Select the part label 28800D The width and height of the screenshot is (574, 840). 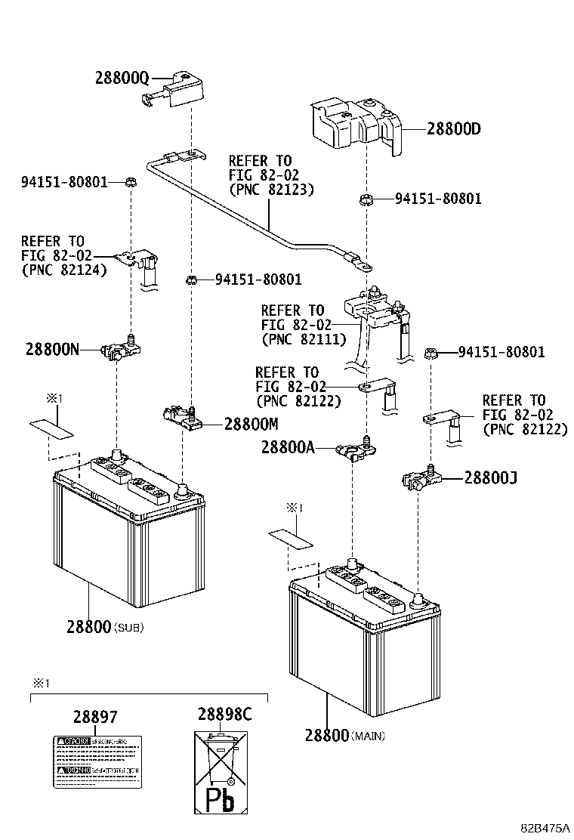click(x=453, y=128)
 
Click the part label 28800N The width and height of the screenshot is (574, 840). click(x=52, y=350)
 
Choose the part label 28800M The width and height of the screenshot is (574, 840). click(x=252, y=424)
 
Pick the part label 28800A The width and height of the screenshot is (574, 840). click(x=288, y=447)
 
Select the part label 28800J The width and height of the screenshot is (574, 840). click(x=490, y=477)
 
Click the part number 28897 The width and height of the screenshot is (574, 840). click(x=95, y=717)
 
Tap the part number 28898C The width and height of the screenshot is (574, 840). click(x=225, y=714)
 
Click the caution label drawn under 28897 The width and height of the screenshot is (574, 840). click(x=96, y=758)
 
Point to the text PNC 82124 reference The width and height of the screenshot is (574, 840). click(x=63, y=269)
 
